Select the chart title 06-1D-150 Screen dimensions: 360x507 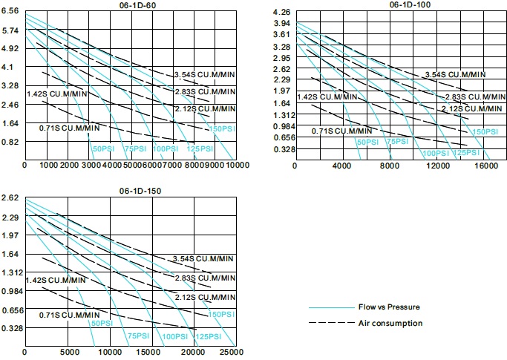click(x=132, y=191)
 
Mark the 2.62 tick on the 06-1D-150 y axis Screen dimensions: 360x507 click(x=11, y=198)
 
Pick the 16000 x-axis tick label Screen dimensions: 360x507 click(x=485, y=166)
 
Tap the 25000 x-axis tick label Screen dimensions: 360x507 click(x=232, y=351)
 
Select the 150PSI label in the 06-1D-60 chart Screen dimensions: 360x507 click(x=221, y=128)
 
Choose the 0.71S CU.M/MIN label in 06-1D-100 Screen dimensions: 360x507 click(x=341, y=131)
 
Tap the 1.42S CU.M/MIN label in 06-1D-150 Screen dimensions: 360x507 click(x=56, y=280)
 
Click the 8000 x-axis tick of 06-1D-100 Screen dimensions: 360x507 click(x=390, y=166)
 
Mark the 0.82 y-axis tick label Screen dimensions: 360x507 click(x=11, y=142)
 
